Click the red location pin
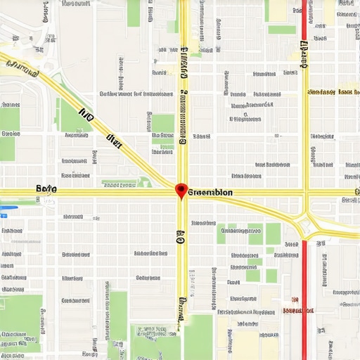[181, 190]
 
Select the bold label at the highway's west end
[46, 190]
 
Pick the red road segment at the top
[304, 18]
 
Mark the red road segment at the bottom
[304, 295]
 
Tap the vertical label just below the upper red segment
[304, 54]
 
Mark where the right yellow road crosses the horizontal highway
[305, 191]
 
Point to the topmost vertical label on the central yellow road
[184, 63]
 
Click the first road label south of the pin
[181, 238]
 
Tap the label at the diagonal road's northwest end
[21, 69]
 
